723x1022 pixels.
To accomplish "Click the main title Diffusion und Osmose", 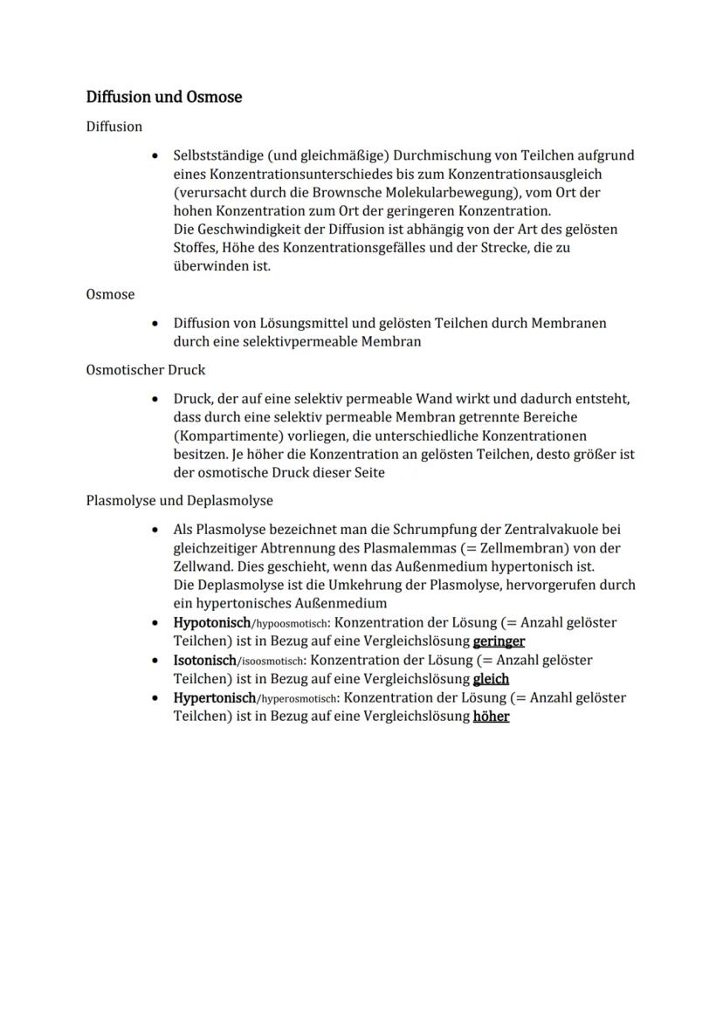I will click(163, 97).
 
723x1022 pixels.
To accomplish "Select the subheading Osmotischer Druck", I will click(146, 370).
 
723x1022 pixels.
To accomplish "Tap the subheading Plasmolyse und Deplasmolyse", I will click(179, 501).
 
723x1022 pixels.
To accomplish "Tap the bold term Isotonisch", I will click(204, 661).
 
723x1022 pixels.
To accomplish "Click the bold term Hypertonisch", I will click(214, 698).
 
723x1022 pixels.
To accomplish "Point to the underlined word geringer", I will click(499, 641).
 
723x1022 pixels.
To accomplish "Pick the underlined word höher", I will click(491, 717).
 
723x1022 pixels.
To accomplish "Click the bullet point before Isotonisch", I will click(155, 661).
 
